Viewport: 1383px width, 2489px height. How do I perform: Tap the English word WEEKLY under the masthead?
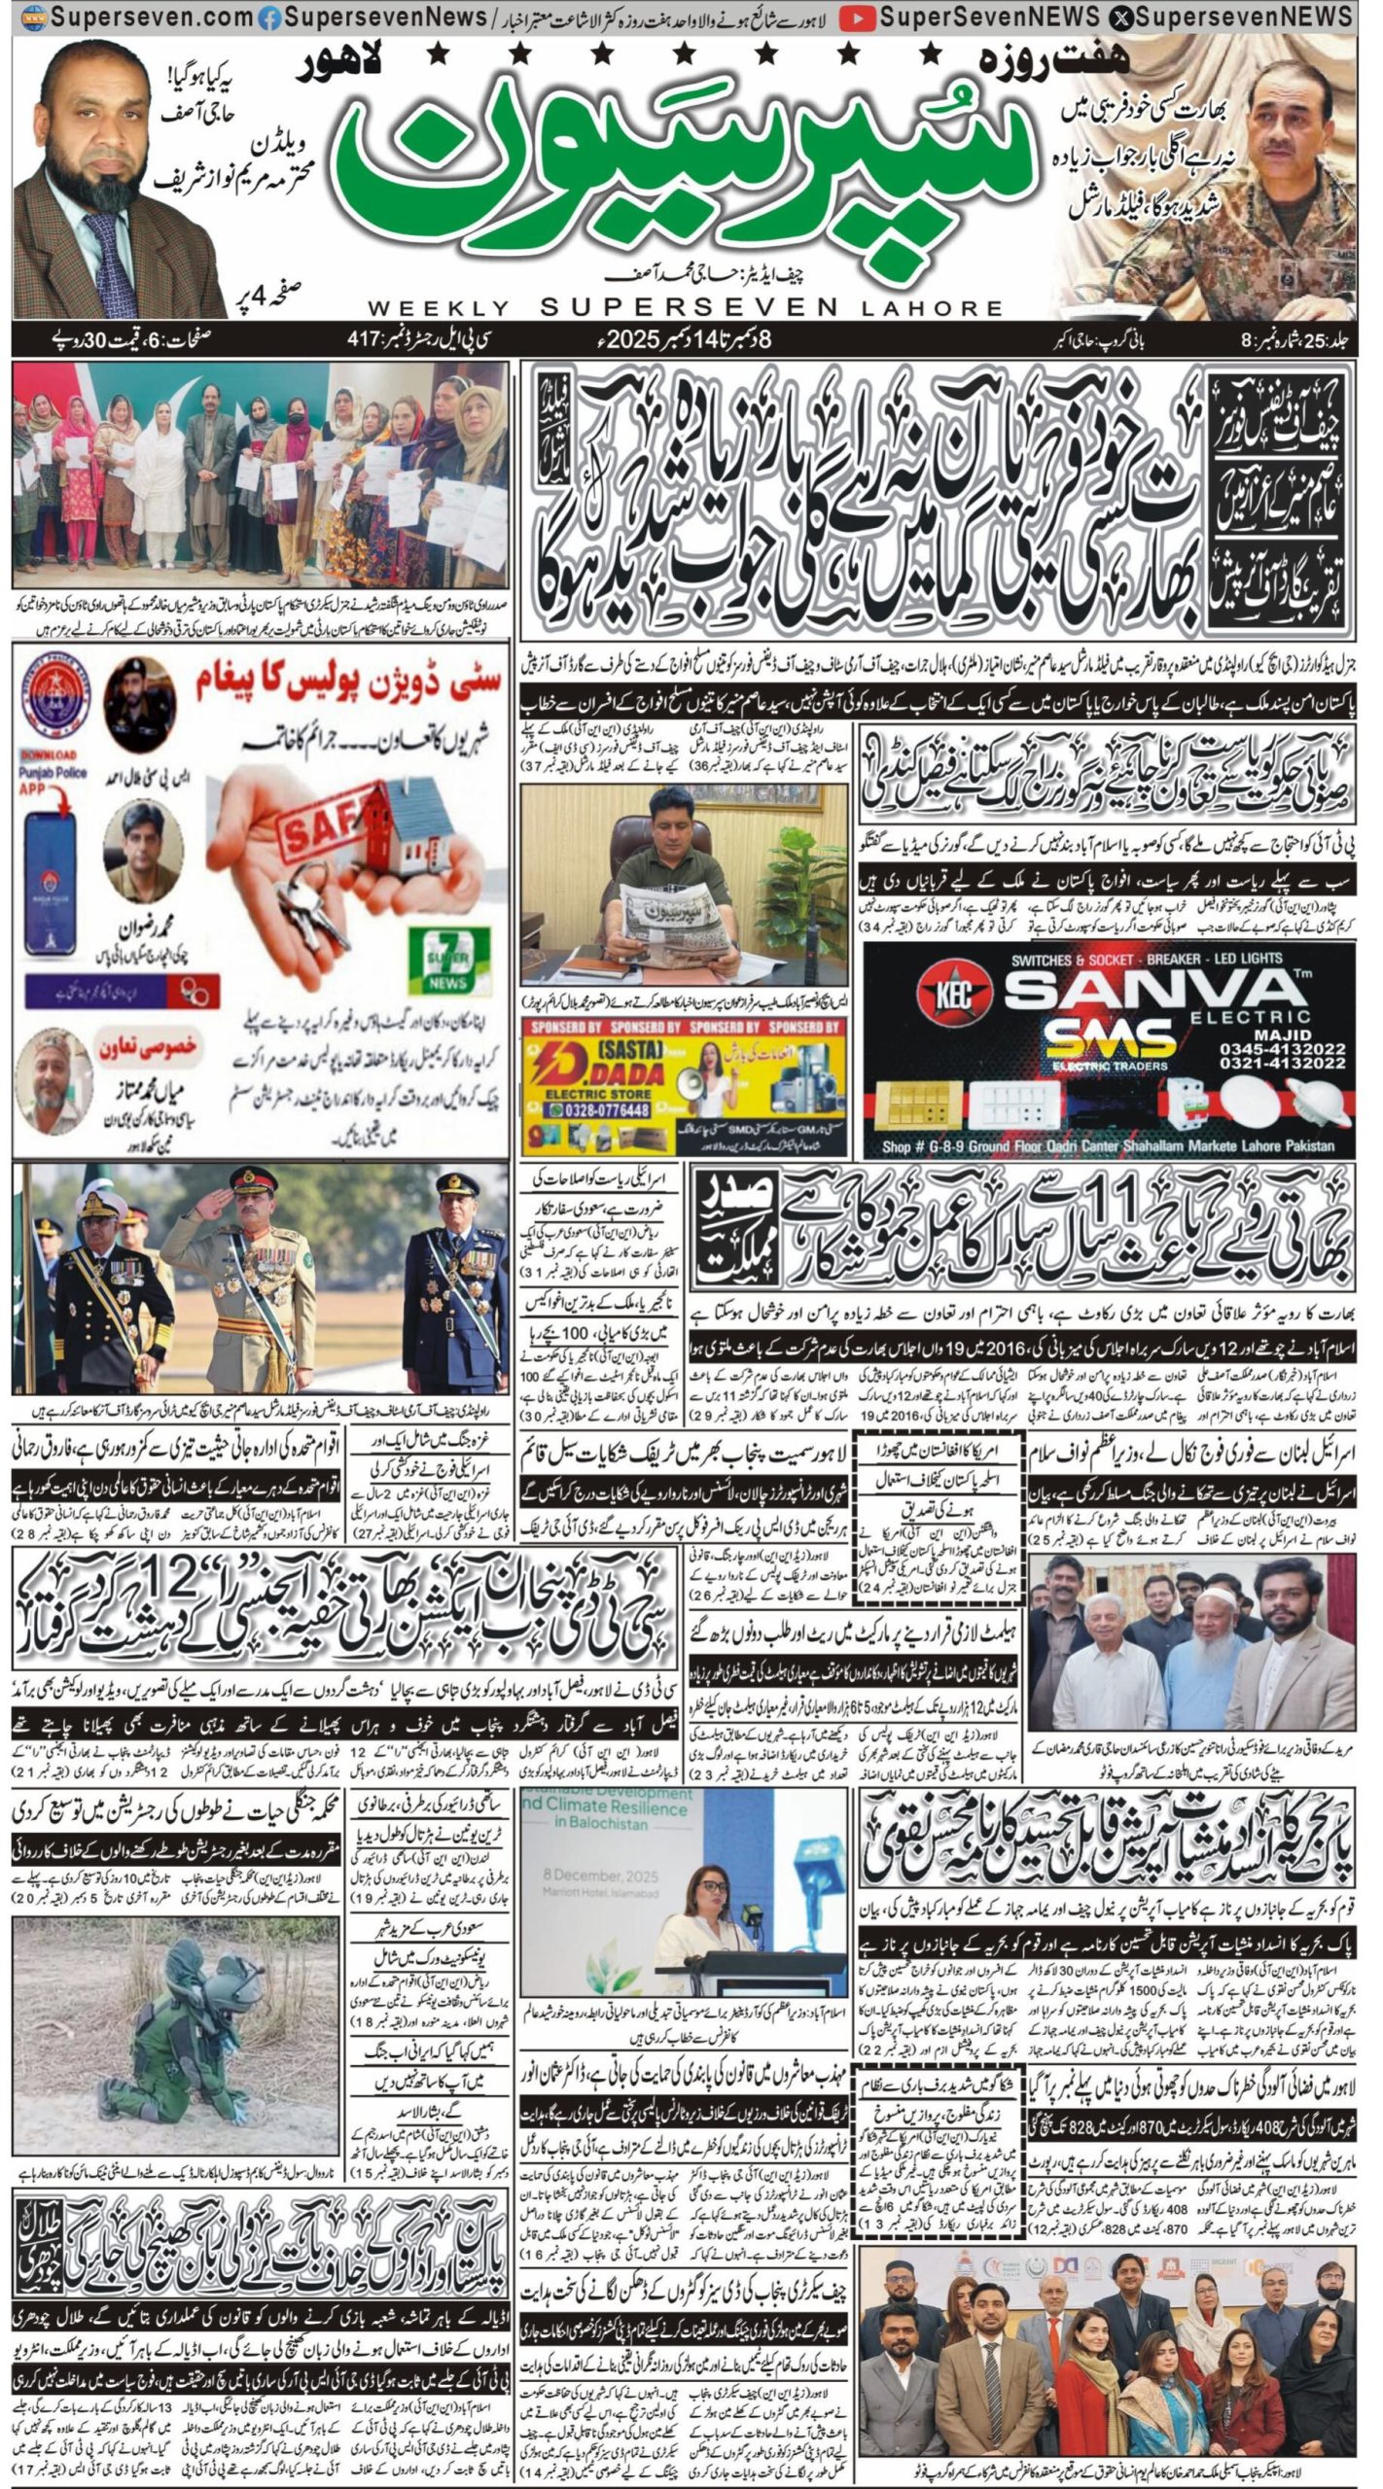coord(439,308)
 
